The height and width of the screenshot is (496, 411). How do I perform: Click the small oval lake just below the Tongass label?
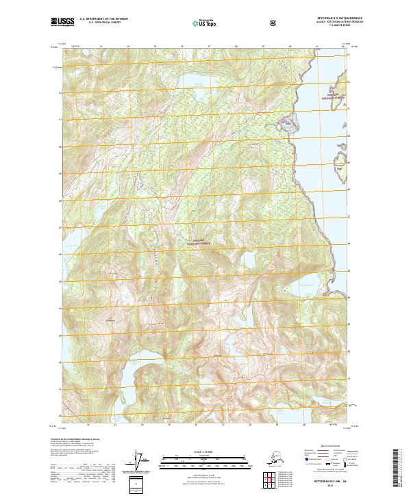click(x=245, y=262)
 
